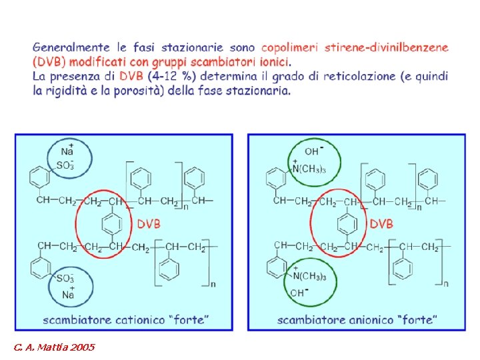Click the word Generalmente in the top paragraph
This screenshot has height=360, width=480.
tap(71, 48)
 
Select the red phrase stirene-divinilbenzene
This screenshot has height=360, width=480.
tap(387, 48)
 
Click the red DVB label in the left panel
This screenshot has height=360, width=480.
tap(149, 224)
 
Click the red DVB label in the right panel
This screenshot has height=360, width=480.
tap(381, 224)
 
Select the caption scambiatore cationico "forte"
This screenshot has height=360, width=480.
tap(125, 320)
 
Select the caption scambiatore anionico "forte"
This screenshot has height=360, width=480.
tap(357, 320)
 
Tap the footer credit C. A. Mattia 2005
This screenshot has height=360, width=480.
tap(53, 347)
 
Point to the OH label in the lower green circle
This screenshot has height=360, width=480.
tap(297, 293)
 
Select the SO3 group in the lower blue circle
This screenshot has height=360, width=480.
tap(65, 279)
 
